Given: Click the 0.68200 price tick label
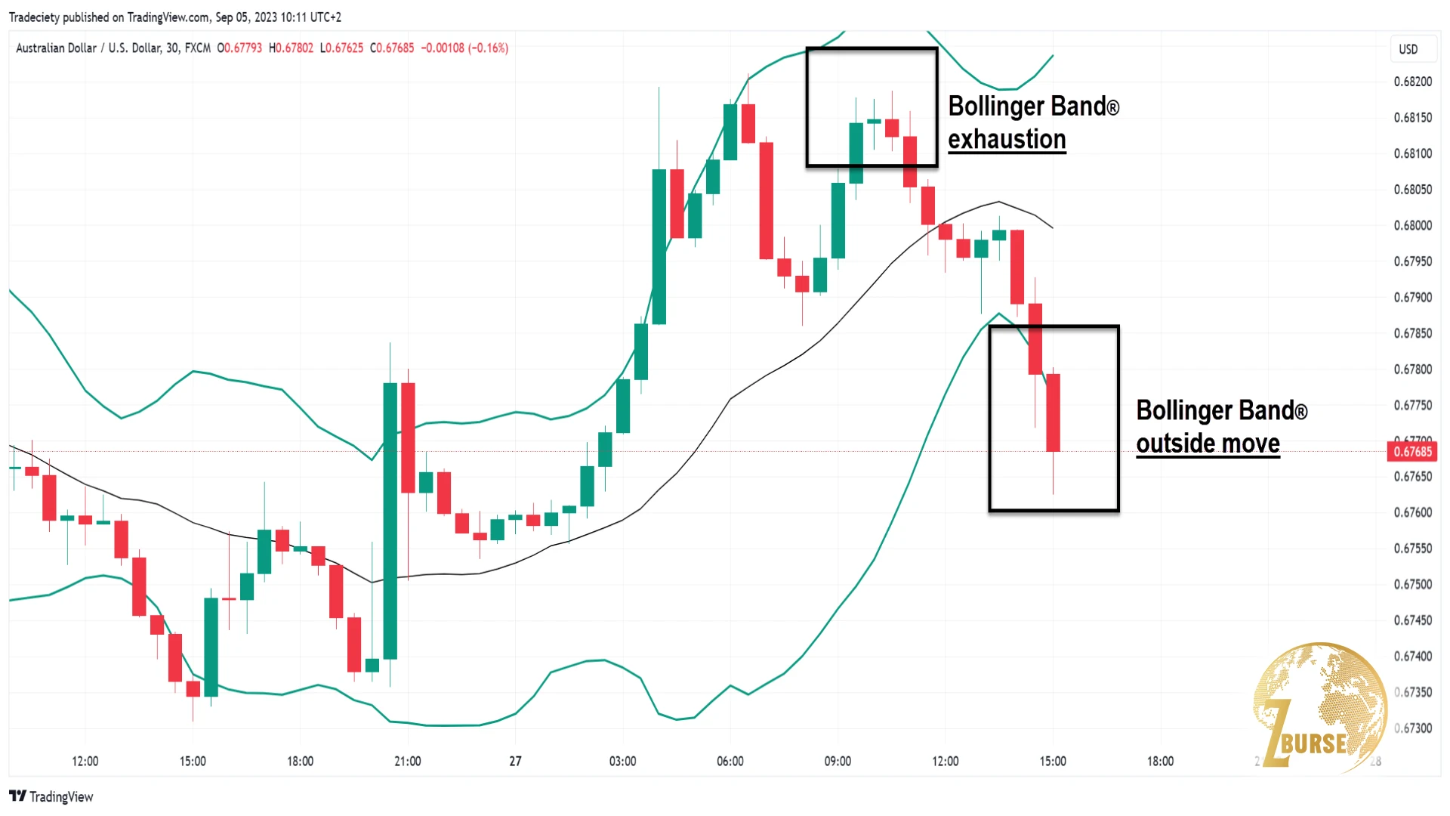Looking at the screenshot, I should click(x=1412, y=82).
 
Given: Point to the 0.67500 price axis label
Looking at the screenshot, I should click(x=1412, y=584).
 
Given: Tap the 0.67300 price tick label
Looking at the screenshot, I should click(x=1412, y=728).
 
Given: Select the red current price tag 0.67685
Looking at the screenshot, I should click(x=1412, y=452).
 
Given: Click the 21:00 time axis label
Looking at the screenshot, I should click(x=407, y=761).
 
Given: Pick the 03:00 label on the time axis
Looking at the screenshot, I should click(x=622, y=761).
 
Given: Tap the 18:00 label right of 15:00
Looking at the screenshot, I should click(x=1160, y=761).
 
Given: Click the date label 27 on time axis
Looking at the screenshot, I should click(x=515, y=761).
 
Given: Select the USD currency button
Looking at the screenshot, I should click(x=1408, y=49).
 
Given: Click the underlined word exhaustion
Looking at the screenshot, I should click(x=1007, y=140).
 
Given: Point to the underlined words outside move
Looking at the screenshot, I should click(x=1208, y=444).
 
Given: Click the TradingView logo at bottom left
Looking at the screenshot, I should click(x=51, y=796).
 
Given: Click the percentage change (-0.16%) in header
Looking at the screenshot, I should click(x=488, y=48).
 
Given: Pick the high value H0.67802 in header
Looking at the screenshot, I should click(x=291, y=48).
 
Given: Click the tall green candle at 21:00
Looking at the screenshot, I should click(x=390, y=521).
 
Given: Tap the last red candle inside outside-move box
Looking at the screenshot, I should click(x=1053, y=413).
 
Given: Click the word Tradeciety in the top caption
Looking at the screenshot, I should click(x=34, y=17).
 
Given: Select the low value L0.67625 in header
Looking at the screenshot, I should click(x=341, y=48).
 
